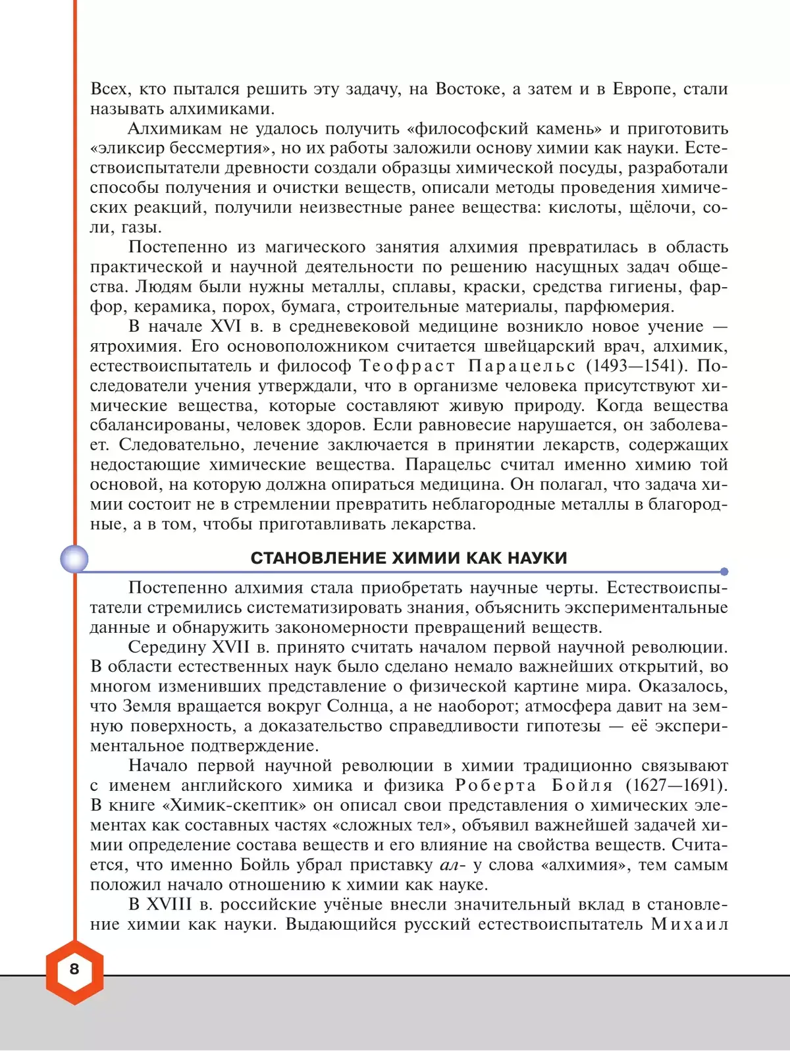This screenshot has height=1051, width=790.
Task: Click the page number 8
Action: pyautogui.click(x=74, y=969)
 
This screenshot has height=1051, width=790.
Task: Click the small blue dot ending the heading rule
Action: pyautogui.click(x=724, y=572)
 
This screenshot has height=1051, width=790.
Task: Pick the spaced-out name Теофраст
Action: pyautogui.click(x=407, y=366)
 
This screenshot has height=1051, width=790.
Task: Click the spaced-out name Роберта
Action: pyautogui.click(x=496, y=786)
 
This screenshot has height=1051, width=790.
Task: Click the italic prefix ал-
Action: pyautogui.click(x=452, y=865)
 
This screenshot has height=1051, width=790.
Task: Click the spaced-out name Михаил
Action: pyautogui.click(x=689, y=924)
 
